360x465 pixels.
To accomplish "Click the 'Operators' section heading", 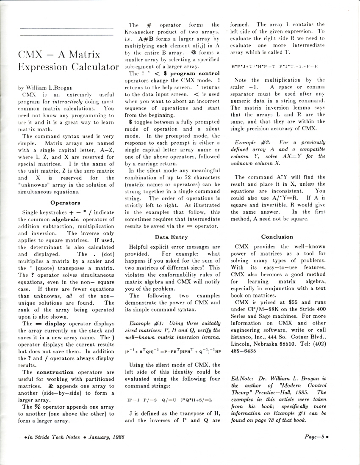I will tap(66, 203).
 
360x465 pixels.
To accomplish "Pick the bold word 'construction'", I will tap(55, 372).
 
